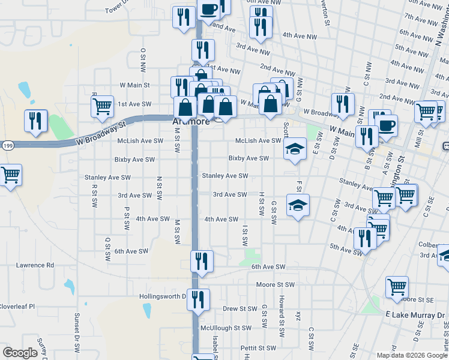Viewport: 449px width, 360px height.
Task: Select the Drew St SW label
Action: point(240,308)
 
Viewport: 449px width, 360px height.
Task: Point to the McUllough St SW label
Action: point(225,328)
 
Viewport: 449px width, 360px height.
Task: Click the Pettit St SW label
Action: point(258,347)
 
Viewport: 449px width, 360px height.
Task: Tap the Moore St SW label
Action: point(276,284)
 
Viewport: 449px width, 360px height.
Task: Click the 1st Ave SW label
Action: point(134,104)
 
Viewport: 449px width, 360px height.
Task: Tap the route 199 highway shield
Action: point(7,145)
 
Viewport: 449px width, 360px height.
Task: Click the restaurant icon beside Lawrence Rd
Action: point(201,261)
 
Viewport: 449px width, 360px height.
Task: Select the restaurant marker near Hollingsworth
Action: point(197,299)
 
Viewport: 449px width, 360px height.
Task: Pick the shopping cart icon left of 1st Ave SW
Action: point(102,106)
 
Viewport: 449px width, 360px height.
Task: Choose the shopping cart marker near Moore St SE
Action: point(397,286)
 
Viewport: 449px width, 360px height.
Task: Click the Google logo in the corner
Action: point(20,353)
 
